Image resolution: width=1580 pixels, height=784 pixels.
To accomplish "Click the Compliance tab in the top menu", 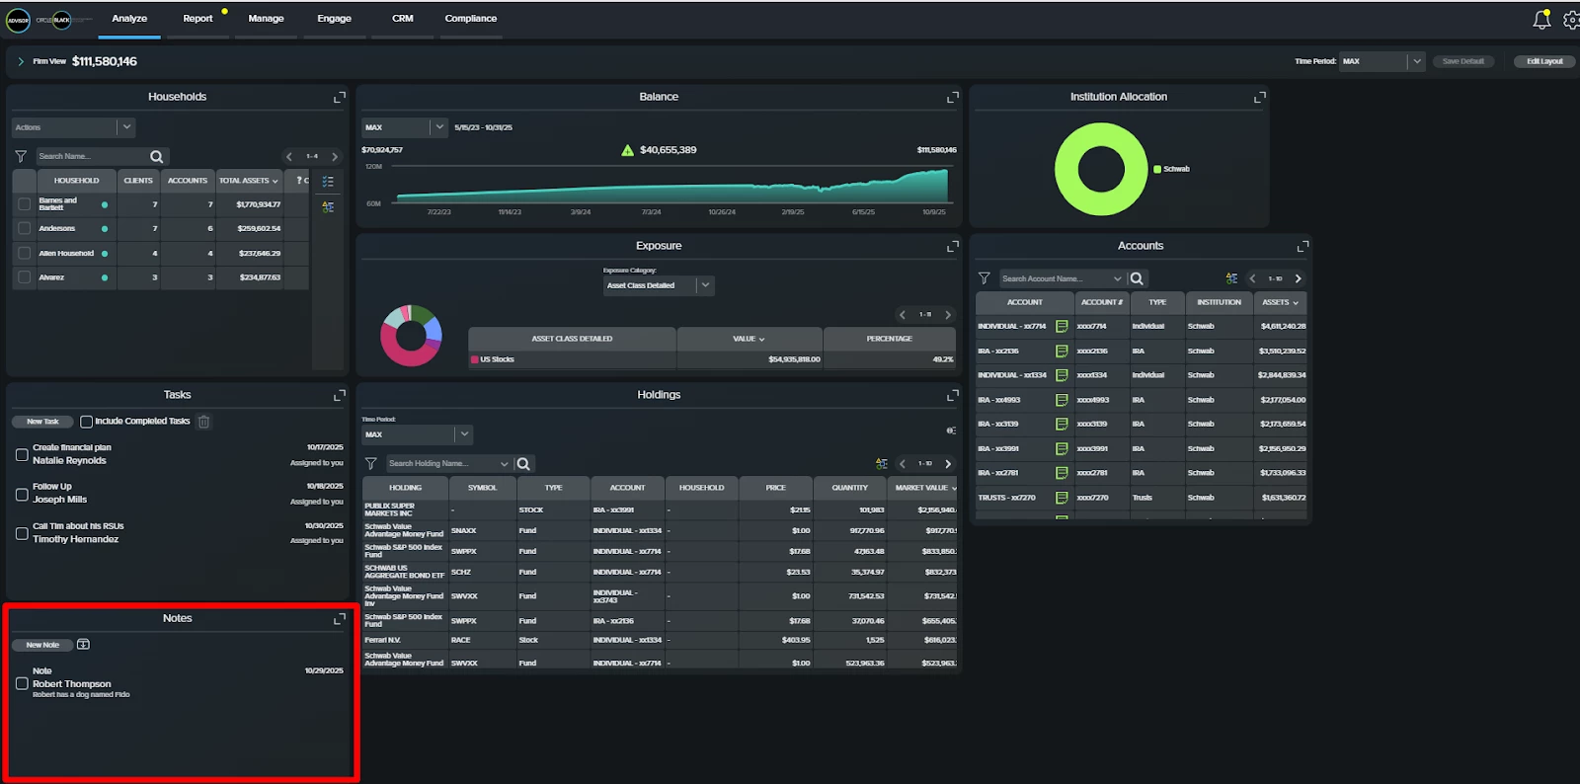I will (x=470, y=19).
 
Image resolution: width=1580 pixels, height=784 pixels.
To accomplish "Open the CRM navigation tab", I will (x=402, y=19).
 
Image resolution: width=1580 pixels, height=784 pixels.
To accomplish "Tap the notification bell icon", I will (x=1540, y=19).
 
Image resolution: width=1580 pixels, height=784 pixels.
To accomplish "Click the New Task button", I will (x=42, y=422).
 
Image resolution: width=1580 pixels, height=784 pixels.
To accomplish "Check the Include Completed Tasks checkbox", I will (x=87, y=422).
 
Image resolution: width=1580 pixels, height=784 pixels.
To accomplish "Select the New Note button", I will (x=42, y=645).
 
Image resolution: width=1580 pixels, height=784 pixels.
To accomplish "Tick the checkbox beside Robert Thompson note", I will (x=22, y=683).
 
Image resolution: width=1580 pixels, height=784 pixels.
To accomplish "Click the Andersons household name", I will (x=57, y=228).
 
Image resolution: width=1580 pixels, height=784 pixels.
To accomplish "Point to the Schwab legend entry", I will (x=1175, y=169).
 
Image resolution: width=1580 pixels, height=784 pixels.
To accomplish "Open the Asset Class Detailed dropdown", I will (x=659, y=285).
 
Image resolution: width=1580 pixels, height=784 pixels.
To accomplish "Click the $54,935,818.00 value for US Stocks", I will (x=794, y=359).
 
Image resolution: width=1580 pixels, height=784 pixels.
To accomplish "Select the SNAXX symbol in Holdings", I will (x=464, y=530).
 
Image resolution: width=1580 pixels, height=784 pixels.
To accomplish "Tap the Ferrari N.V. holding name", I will (x=384, y=640).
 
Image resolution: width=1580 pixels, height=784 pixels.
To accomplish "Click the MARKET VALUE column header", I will (x=922, y=488).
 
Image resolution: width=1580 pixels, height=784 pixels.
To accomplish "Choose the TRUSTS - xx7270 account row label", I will (x=1006, y=498).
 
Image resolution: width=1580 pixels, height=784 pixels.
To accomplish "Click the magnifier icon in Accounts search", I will (x=1137, y=278).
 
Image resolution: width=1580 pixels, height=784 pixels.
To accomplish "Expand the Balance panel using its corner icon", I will (x=953, y=97).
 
